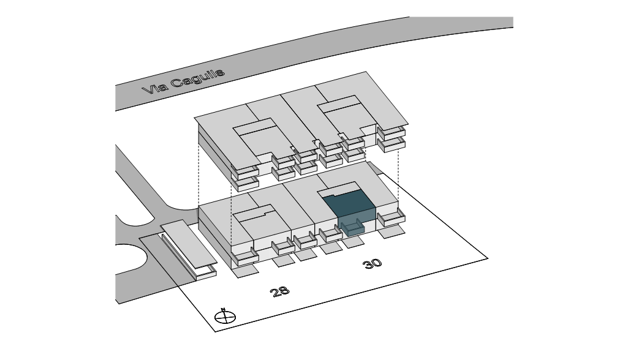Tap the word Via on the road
click(x=153, y=89)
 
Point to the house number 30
click(x=372, y=263)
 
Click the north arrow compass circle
click(x=225, y=317)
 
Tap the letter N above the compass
click(x=224, y=309)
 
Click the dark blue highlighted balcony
click(x=352, y=230)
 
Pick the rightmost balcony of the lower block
click(x=391, y=217)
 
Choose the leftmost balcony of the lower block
click(x=246, y=257)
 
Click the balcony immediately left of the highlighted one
click(x=330, y=235)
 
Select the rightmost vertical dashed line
click(x=399, y=178)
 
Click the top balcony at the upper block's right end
click(x=392, y=131)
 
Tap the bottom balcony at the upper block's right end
click(x=392, y=144)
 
